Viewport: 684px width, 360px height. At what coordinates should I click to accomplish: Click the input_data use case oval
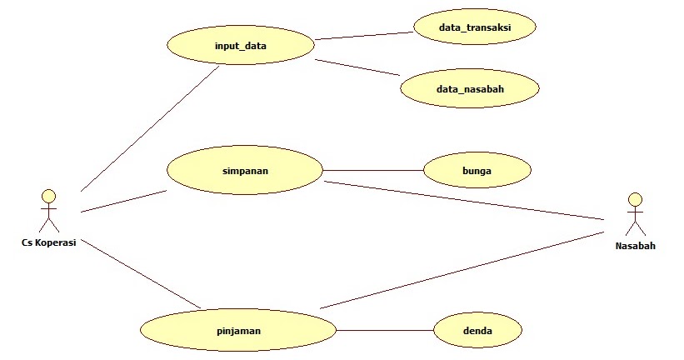pos(240,45)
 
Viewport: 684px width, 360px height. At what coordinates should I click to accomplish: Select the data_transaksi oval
pos(475,28)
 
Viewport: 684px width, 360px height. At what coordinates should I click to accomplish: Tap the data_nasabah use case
pos(469,87)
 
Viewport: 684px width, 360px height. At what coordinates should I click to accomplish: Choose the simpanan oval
pos(244,171)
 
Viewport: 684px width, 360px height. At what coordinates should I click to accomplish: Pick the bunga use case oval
pos(477,171)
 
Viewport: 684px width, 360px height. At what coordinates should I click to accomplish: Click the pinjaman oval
pos(238,330)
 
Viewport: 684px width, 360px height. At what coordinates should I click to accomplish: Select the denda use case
pos(477,331)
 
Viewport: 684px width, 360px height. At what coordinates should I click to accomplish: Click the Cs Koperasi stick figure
pos(49,212)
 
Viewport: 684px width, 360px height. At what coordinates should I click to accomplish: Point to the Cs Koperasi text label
pos(49,242)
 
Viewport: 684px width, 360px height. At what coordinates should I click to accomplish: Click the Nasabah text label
pos(635,246)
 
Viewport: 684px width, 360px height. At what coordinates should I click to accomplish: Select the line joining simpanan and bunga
pos(372,171)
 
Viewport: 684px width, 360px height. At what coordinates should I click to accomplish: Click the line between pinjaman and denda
pos(385,331)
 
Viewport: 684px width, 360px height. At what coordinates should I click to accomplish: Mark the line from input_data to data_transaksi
pos(365,36)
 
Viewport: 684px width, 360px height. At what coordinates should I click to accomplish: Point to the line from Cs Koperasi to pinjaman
pos(142,272)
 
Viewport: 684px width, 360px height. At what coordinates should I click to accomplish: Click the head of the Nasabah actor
pos(636,200)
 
